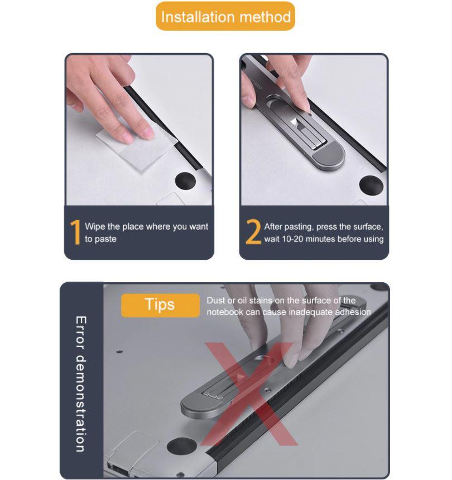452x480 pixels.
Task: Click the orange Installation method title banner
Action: click(x=225, y=16)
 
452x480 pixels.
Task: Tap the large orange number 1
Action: click(x=75, y=232)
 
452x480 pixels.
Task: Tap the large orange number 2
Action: click(x=253, y=232)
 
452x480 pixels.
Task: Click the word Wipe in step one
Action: click(x=95, y=226)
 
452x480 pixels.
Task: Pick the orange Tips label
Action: click(x=161, y=305)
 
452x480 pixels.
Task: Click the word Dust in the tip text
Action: click(x=216, y=300)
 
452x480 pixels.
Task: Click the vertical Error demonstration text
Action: click(x=81, y=384)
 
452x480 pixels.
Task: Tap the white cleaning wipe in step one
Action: click(x=137, y=148)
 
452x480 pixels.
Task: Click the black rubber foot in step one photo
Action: click(x=185, y=180)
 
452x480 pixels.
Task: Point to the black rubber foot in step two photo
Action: click(x=371, y=184)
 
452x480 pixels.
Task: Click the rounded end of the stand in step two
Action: click(x=328, y=156)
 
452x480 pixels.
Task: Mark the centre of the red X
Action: click(x=250, y=395)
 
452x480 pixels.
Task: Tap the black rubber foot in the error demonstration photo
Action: click(x=181, y=446)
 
